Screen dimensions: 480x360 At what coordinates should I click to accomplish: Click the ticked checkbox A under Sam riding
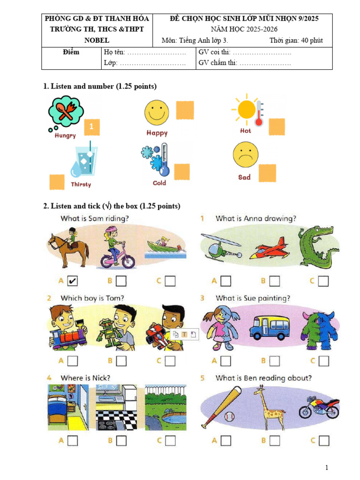click(x=73, y=281)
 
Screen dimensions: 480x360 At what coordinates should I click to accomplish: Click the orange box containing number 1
click(x=92, y=127)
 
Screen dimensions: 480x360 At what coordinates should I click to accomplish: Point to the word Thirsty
click(x=81, y=184)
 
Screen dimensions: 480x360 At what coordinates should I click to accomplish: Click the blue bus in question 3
click(x=269, y=327)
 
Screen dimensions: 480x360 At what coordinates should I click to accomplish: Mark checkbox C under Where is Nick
click(x=170, y=441)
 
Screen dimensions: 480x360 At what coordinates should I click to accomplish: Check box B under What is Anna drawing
click(x=275, y=281)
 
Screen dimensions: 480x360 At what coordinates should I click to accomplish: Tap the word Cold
click(x=159, y=183)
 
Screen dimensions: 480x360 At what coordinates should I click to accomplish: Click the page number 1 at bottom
click(x=327, y=468)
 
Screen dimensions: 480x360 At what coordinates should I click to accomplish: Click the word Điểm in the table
click(x=71, y=52)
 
